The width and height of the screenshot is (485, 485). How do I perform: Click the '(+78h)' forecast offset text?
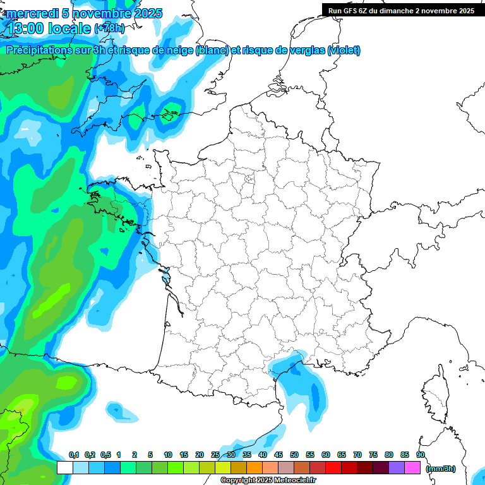pos(109,28)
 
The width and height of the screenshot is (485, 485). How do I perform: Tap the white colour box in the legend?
pos(64,468)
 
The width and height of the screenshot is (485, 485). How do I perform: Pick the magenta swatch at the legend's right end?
pos(412,468)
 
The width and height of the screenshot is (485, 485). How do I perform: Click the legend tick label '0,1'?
pos(73,455)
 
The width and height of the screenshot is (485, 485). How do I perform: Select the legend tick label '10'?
pos(168,455)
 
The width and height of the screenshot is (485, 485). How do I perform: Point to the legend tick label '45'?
pos(278,455)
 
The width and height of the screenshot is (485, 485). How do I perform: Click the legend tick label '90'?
pos(420,455)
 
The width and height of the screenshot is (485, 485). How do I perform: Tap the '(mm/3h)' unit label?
pos(441,469)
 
